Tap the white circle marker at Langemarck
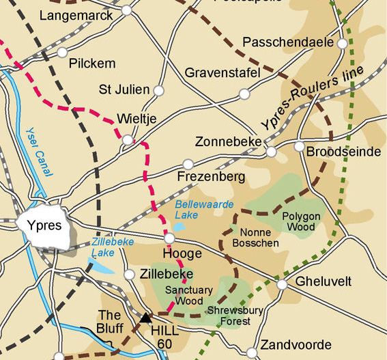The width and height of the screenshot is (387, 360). click(x=127, y=10)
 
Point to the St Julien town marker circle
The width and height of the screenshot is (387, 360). click(x=159, y=90)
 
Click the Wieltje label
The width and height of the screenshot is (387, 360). click(x=137, y=119)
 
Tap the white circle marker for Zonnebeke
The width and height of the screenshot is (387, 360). click(x=271, y=152)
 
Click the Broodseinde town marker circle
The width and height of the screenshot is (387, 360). click(x=299, y=147)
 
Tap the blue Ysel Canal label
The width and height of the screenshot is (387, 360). click(x=38, y=151)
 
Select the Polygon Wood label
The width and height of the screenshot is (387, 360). click(x=298, y=221)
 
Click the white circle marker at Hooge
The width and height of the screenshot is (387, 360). click(x=169, y=238)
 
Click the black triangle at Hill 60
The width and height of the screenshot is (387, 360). click(x=145, y=318)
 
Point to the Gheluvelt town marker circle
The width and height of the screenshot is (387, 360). click(x=281, y=284)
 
